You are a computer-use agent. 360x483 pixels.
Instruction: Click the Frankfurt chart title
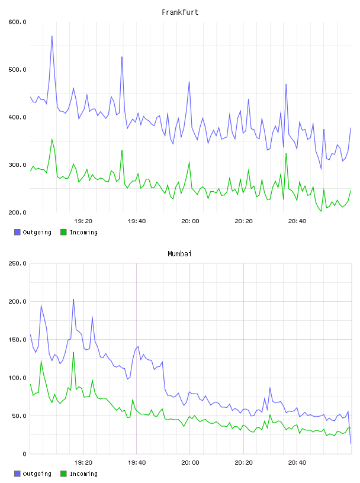180,12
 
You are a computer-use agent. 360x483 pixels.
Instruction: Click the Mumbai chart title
179,254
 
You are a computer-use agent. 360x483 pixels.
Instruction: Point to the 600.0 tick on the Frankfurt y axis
18,22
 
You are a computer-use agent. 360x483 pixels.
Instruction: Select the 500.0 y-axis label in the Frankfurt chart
18,70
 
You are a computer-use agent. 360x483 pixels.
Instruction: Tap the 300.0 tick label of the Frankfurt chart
18,165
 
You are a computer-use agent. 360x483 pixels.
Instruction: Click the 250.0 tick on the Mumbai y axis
18,263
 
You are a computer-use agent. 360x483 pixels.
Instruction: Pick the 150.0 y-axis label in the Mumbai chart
18,340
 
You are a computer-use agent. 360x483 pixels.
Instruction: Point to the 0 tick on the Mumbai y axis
24,454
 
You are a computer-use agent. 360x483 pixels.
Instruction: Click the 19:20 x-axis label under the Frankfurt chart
83,221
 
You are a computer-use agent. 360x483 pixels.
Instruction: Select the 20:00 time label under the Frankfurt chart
190,221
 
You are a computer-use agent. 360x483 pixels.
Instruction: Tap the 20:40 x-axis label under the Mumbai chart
297,463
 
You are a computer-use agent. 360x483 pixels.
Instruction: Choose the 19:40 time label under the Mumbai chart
137,463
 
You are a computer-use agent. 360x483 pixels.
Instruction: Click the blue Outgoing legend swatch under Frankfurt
17,232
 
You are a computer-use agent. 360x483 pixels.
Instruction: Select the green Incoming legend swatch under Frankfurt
63,232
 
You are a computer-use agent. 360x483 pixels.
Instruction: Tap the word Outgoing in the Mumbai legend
37,474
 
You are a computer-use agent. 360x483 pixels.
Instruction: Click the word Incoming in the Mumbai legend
83,474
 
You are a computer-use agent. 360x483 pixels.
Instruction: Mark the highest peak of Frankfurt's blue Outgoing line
52,36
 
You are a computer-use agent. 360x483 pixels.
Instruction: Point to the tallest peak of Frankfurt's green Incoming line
52,139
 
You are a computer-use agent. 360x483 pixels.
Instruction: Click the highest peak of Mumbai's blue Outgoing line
73,299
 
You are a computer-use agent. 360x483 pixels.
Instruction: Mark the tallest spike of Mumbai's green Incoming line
73,352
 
